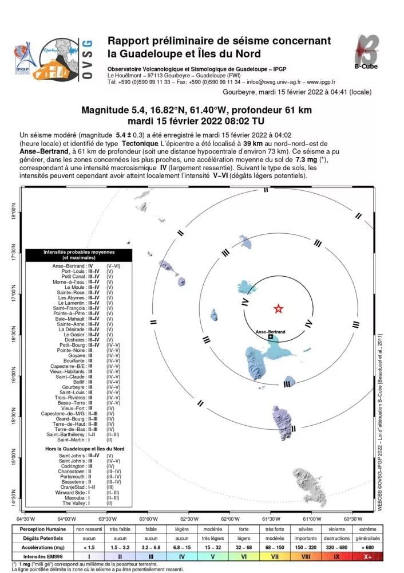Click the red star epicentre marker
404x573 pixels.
(278, 309)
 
